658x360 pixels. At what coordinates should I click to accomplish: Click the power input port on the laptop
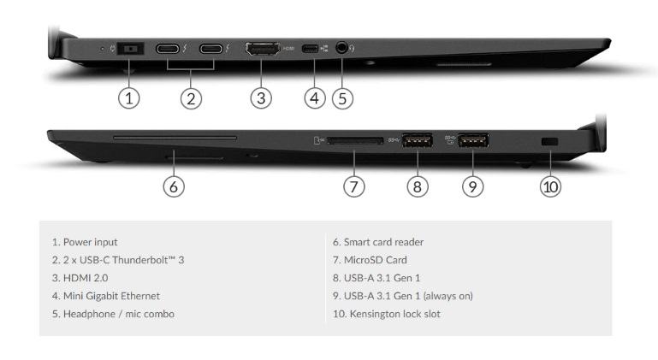point(131,49)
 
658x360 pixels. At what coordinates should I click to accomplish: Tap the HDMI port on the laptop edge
point(263,49)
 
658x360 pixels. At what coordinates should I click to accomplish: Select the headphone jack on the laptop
point(342,48)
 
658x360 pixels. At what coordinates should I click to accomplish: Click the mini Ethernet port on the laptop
point(310,49)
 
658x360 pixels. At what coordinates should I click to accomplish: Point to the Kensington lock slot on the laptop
point(549,142)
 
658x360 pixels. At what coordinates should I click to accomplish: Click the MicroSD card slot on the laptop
point(355,140)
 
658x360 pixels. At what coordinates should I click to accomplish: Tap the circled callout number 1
point(129,98)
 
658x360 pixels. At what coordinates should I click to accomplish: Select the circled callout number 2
point(191,99)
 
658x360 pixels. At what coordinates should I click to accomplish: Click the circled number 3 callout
point(261,98)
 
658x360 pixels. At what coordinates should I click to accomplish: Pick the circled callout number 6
point(174,186)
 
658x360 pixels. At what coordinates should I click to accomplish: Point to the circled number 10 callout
point(550,186)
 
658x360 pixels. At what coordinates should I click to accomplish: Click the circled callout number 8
point(418,186)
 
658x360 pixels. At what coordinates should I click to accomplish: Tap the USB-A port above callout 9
point(473,140)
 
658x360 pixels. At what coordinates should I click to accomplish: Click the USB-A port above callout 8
point(418,140)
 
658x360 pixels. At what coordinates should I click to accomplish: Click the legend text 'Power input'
point(90,242)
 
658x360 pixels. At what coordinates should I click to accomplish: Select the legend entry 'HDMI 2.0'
point(80,278)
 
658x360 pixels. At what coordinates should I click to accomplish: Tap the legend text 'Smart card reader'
point(383,242)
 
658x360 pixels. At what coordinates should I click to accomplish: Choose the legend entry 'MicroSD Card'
point(370,260)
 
